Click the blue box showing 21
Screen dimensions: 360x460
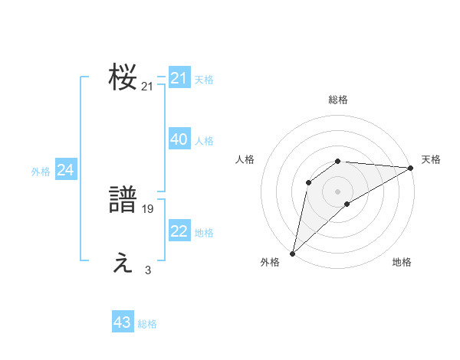tap(179, 78)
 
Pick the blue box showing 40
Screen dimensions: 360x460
tap(179, 139)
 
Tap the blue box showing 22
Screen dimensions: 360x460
tap(179, 232)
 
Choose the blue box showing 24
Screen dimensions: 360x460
tap(66, 171)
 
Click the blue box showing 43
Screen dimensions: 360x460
tap(123, 322)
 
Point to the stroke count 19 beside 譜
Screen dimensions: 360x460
tap(148, 208)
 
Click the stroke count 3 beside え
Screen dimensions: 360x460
tap(148, 270)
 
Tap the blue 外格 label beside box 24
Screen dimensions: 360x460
tap(41, 172)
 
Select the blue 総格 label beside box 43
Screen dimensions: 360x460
tap(147, 324)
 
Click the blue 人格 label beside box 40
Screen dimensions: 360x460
tap(204, 141)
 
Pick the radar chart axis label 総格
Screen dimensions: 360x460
tap(338, 100)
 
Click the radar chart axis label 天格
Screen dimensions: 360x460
tap(431, 159)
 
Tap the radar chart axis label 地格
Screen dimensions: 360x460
tap(402, 263)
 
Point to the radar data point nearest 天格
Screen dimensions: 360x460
tap(411, 168)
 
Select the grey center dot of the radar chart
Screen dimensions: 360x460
tap(338, 191)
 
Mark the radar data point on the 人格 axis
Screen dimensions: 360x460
tap(309, 182)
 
